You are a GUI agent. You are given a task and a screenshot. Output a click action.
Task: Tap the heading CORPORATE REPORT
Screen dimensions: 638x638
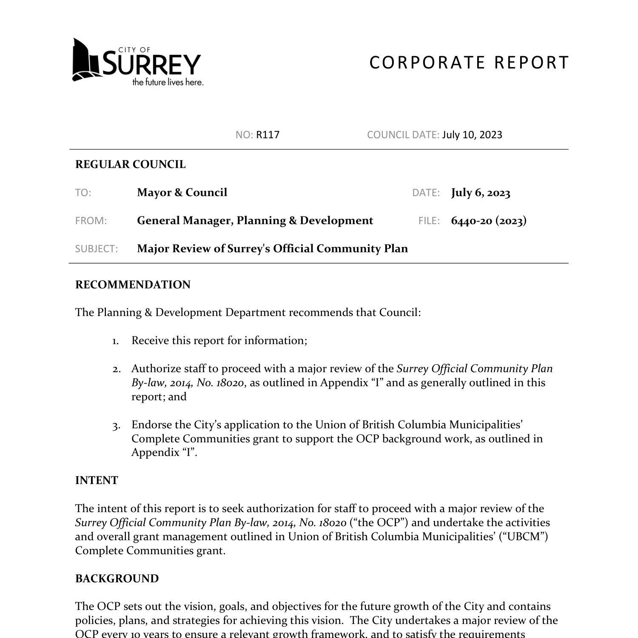pos(469,63)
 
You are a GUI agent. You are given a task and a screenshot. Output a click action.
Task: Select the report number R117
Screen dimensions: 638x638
pos(268,135)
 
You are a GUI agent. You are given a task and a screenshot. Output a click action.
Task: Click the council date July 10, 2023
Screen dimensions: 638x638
pos(472,135)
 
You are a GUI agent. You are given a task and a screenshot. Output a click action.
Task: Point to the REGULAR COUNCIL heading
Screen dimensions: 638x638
pos(130,165)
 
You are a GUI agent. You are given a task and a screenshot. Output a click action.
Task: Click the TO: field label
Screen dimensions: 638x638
pos(83,193)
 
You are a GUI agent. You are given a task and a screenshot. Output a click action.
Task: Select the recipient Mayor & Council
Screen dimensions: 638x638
pos(182,193)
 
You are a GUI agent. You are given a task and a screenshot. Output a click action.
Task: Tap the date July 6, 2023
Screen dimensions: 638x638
pos(481,193)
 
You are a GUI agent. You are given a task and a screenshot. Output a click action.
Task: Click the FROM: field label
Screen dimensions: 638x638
pos(91,221)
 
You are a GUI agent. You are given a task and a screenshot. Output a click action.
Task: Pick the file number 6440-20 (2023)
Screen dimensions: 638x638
pos(489,221)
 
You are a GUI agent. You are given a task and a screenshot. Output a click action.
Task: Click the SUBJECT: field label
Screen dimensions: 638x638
pos(97,249)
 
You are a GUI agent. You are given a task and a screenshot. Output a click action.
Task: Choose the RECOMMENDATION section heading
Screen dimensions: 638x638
pos(133,285)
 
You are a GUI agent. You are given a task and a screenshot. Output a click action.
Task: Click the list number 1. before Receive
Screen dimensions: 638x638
pos(116,341)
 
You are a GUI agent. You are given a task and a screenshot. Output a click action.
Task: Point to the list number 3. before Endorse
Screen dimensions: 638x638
pos(116,425)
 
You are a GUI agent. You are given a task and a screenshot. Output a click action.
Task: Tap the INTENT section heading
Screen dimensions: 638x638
pos(97,481)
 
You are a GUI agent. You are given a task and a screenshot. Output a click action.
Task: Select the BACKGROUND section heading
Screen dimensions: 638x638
pos(117,579)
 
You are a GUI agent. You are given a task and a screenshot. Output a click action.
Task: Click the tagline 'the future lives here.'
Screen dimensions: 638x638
pos(168,82)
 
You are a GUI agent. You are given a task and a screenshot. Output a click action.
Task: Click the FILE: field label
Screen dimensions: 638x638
pos(429,221)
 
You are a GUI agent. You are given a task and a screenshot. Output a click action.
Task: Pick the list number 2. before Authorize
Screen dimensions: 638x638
pos(116,369)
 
